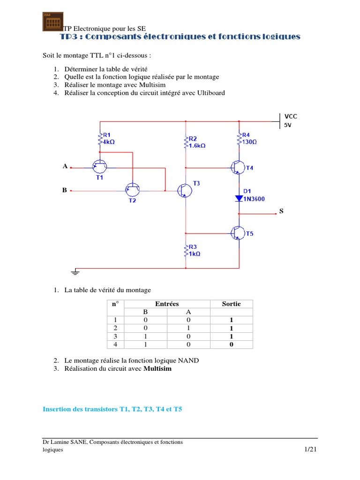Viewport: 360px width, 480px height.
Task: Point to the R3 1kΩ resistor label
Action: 194,250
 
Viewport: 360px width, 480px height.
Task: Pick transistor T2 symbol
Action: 133,190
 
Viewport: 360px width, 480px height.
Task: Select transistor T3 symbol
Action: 184,190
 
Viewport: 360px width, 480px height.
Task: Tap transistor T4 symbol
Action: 238,167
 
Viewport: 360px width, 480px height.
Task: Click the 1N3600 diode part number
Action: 254,199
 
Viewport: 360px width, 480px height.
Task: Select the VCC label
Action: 291,116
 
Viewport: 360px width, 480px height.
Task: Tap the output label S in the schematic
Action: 281,211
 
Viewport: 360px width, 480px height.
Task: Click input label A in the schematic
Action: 65,166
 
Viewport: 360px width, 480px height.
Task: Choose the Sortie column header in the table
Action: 231,304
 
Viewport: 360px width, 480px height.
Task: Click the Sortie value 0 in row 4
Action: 231,345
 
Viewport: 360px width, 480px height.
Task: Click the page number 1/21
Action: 310,450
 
